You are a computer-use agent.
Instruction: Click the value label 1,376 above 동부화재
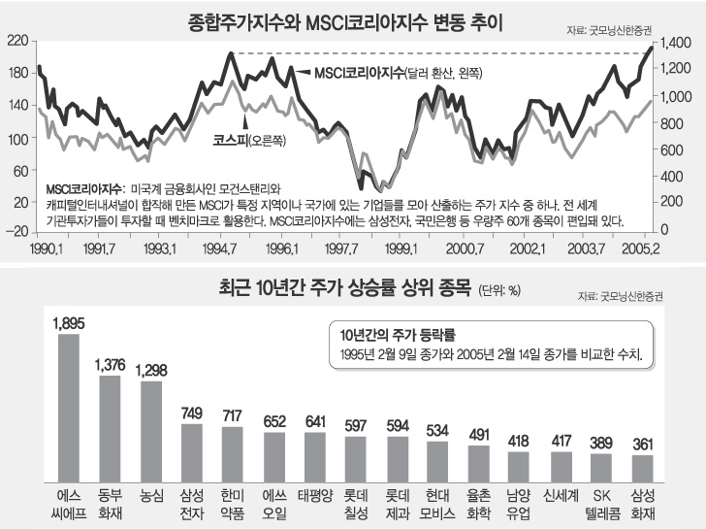111,365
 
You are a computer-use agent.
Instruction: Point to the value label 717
233,416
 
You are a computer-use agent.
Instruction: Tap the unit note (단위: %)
502,290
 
